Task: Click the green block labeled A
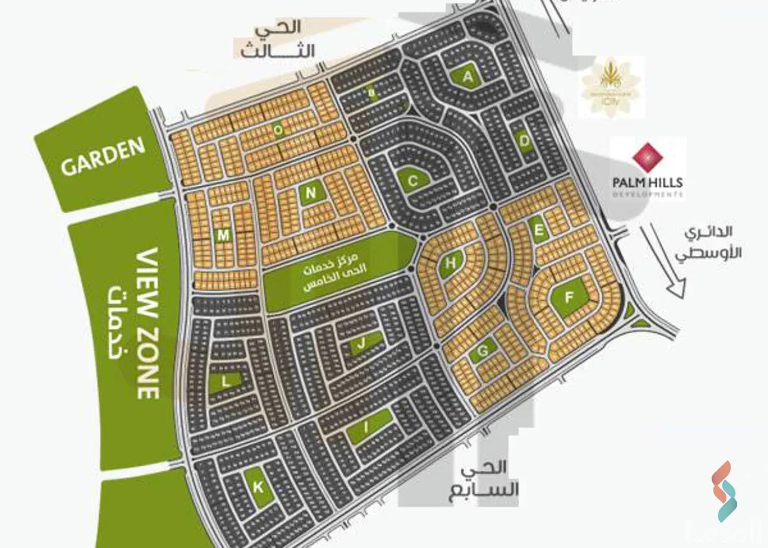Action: click(x=467, y=78)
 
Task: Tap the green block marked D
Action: click(x=524, y=142)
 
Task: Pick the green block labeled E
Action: click(x=539, y=230)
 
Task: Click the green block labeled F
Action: click(x=569, y=298)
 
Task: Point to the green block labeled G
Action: click(x=483, y=351)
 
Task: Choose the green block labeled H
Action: click(x=451, y=264)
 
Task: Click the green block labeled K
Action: click(x=259, y=487)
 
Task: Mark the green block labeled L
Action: click(x=225, y=383)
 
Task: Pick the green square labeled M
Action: click(x=223, y=236)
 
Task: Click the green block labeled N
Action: click(x=311, y=193)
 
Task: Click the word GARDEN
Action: click(x=103, y=157)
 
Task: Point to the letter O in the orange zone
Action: click(x=279, y=130)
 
